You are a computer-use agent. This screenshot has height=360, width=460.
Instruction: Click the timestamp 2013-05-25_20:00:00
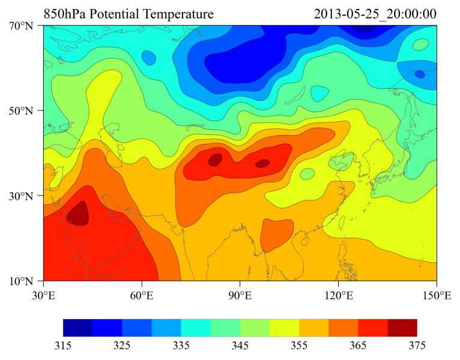click(x=375, y=13)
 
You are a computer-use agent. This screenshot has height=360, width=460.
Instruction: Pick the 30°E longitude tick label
click(x=43, y=295)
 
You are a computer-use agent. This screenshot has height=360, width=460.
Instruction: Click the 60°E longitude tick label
click(x=142, y=295)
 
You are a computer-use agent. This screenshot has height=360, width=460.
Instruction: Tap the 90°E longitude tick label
click(x=240, y=295)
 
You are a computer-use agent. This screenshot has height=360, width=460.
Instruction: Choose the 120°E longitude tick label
click(x=338, y=295)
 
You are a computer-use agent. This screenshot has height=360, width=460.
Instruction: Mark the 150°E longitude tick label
click(x=437, y=295)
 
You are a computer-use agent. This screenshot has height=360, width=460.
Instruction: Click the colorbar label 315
click(x=63, y=346)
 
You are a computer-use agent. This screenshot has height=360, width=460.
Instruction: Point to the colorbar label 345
click(x=240, y=346)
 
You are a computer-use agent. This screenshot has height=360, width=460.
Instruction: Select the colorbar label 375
click(x=417, y=346)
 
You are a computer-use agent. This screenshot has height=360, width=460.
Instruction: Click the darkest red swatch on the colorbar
click(x=402, y=328)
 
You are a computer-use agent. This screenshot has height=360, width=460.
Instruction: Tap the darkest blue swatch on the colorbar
click(x=77, y=328)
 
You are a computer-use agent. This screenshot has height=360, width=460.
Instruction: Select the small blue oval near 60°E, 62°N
click(x=148, y=58)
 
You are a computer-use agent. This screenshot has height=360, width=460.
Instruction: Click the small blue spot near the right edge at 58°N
click(x=419, y=74)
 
